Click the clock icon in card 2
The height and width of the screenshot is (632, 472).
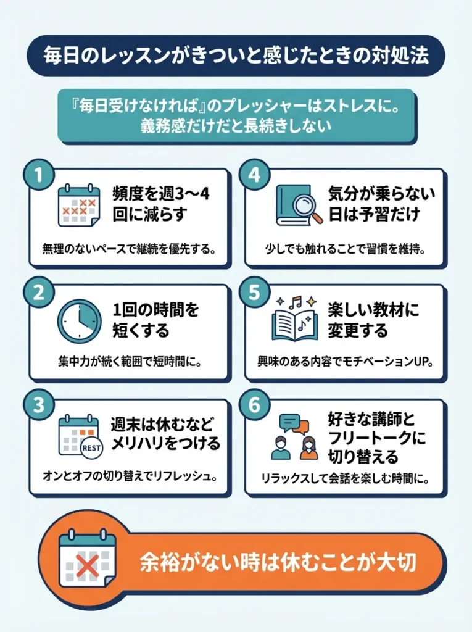coord(79,321)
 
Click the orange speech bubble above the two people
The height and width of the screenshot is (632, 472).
coord(301,426)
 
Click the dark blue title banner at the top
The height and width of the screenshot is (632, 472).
coord(236,54)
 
